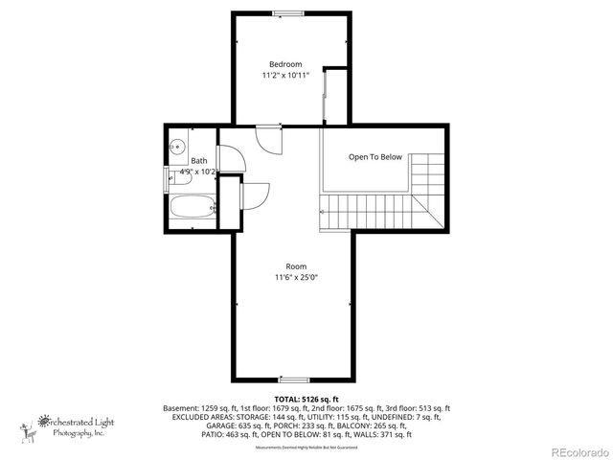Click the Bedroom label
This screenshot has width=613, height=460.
pyautogui.click(x=284, y=64)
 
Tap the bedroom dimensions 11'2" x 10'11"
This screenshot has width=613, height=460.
pyautogui.click(x=284, y=76)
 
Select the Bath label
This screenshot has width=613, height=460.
pyautogui.click(x=199, y=161)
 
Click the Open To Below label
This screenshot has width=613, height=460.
pyautogui.click(x=375, y=157)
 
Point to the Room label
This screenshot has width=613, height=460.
pyautogui.click(x=296, y=266)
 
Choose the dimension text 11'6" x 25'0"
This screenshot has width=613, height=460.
pyautogui.click(x=296, y=278)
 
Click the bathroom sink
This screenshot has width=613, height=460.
pyautogui.click(x=176, y=148)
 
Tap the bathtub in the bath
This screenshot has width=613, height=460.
pyautogui.click(x=192, y=207)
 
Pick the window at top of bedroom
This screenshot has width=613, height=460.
pyautogui.click(x=285, y=12)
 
